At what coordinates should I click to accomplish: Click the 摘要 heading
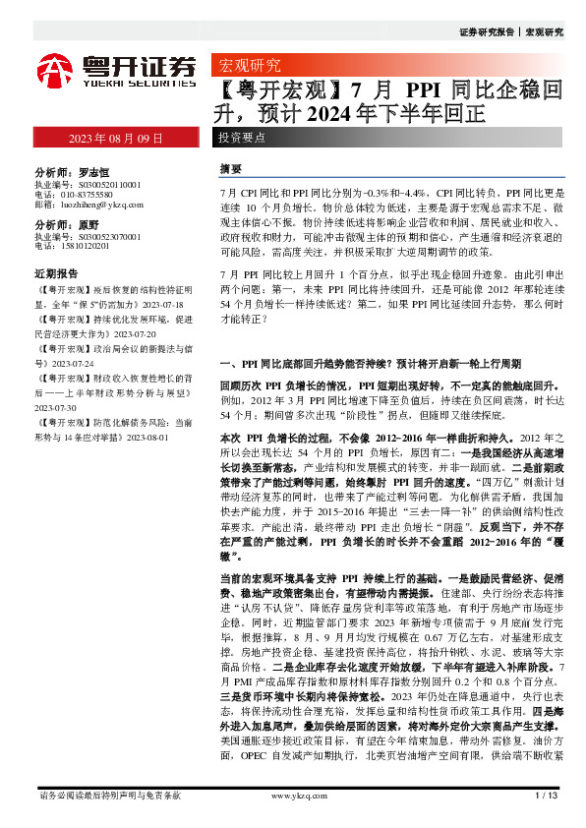tap(231, 169)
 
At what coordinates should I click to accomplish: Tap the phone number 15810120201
tap(80, 247)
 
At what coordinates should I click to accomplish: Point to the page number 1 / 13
tap(546, 794)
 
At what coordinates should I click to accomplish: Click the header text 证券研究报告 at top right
tap(486, 31)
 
